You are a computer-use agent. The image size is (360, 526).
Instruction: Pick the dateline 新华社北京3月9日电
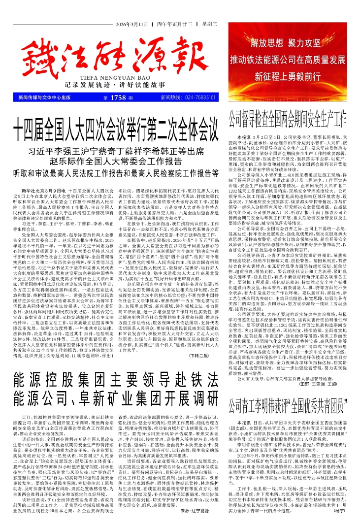pos(41,190)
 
